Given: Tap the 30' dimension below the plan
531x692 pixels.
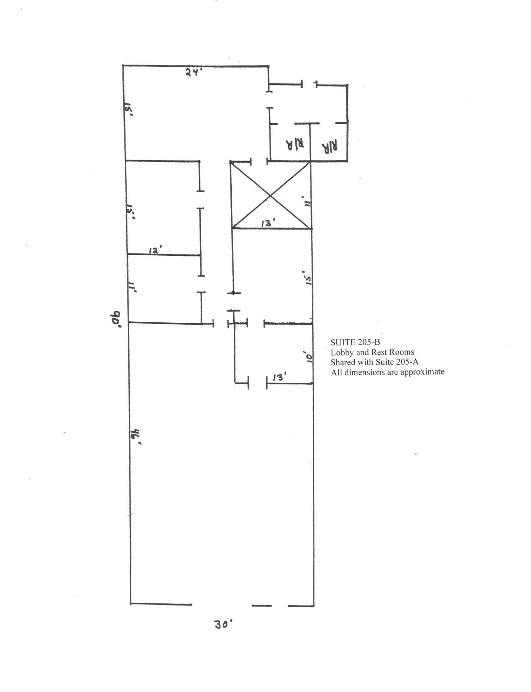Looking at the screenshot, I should pyautogui.click(x=223, y=624).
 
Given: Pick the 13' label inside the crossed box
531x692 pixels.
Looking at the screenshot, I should pyautogui.click(x=269, y=223).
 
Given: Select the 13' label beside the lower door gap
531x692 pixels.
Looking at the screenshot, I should pyautogui.click(x=280, y=377).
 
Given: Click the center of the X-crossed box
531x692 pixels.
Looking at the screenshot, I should pyautogui.click(x=271, y=195).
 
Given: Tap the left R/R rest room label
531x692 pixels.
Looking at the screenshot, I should pyautogui.click(x=295, y=144).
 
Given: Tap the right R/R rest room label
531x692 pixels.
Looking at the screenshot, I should pyautogui.click(x=330, y=146).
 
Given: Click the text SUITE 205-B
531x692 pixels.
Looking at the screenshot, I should pyautogui.click(x=355, y=342).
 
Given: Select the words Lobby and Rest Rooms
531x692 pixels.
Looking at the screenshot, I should pyautogui.click(x=372, y=352).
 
